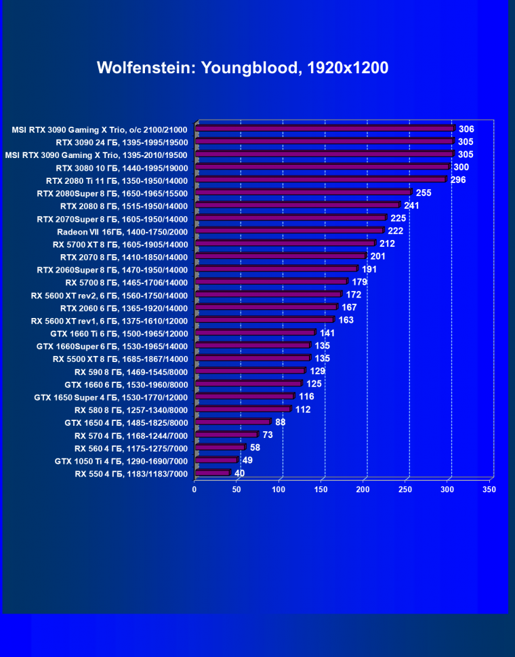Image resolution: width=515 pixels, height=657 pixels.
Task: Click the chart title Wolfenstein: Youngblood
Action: point(242,68)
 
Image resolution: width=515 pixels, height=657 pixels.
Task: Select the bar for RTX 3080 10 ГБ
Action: point(322,167)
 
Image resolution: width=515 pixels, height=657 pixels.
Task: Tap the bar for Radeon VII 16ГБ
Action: point(289,231)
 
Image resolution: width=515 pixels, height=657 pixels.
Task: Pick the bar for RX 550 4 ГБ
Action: point(212,473)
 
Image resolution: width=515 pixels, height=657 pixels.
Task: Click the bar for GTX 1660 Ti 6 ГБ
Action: point(255,333)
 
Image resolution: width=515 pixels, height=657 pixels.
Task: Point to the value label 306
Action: point(466,129)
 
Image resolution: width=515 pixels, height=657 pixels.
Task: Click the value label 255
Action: point(424,193)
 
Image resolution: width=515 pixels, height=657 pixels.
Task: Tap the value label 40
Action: point(240,473)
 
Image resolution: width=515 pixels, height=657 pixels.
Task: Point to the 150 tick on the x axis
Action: point(321,489)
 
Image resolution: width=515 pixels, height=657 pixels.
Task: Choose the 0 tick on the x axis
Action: point(194,489)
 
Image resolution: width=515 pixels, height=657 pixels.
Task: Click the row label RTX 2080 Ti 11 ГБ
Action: point(117,180)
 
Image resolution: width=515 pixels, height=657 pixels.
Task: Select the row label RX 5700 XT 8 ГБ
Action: point(120,244)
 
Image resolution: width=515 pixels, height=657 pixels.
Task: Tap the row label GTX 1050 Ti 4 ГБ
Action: point(121,461)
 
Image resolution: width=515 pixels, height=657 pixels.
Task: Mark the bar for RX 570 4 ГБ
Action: point(226,435)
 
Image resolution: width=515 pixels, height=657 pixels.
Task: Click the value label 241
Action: point(411,205)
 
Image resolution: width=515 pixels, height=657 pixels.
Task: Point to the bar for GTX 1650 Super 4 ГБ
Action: point(244,397)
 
